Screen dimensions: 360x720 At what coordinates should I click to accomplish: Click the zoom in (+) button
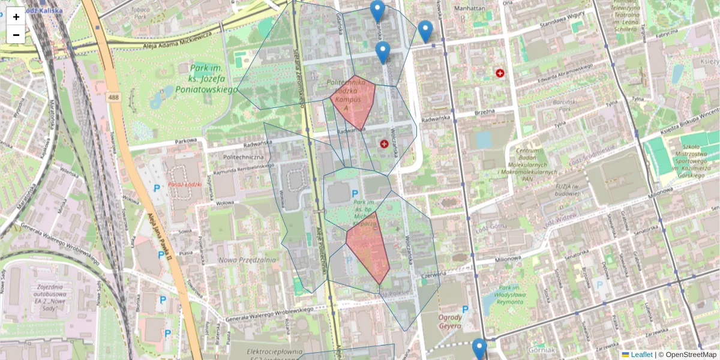(x=16, y=17)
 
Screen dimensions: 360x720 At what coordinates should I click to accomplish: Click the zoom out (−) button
(x=16, y=35)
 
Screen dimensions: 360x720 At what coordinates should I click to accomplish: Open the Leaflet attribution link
(x=641, y=355)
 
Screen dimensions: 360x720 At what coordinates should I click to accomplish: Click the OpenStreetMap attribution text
(x=691, y=355)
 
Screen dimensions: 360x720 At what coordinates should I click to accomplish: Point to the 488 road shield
(x=113, y=97)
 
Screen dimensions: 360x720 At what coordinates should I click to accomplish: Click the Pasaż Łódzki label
(x=185, y=184)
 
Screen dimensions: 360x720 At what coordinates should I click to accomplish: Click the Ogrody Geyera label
(x=450, y=322)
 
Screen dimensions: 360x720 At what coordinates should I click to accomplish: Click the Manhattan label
(x=470, y=8)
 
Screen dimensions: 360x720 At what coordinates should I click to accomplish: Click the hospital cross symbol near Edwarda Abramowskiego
(x=500, y=73)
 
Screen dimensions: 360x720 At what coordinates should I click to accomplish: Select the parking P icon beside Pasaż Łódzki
(x=157, y=188)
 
